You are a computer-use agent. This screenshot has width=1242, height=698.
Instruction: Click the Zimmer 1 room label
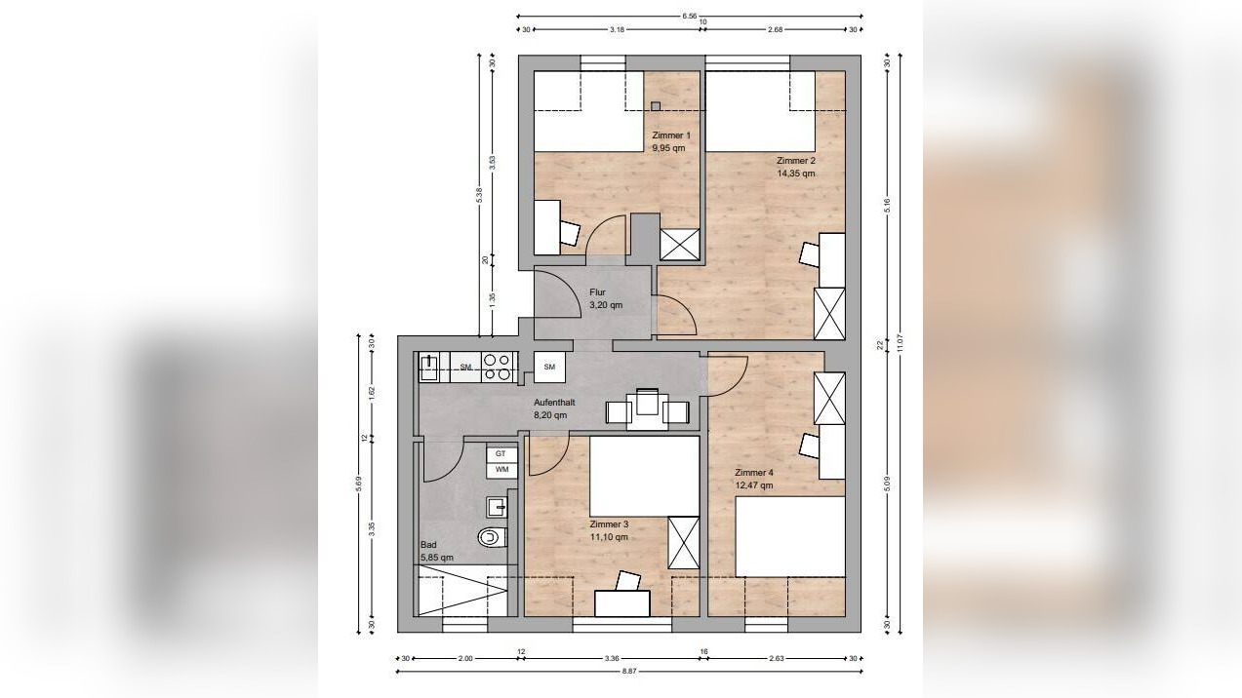671,136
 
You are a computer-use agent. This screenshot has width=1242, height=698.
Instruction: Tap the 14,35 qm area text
796,174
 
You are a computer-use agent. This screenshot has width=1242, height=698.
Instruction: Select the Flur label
598,291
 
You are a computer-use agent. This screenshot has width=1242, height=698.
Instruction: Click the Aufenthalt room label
554,403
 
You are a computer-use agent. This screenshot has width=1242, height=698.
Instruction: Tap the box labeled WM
501,470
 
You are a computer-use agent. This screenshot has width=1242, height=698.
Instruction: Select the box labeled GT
501,454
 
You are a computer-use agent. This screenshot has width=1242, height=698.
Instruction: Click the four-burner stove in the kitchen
497,368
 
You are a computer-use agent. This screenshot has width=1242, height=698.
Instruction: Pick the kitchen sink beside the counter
428,368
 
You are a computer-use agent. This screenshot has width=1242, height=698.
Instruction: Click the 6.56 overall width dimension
689,16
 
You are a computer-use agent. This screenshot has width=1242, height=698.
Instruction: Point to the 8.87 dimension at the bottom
629,672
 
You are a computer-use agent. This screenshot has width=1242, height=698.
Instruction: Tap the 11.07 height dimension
900,343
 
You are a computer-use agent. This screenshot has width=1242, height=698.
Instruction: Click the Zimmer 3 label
609,524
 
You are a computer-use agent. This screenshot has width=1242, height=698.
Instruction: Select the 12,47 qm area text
754,485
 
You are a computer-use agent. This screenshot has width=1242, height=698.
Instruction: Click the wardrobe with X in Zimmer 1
680,244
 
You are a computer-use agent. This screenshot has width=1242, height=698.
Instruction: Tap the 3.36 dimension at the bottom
612,659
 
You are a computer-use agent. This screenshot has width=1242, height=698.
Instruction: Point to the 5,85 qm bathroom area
437,558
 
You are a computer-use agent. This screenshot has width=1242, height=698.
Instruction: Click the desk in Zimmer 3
622,603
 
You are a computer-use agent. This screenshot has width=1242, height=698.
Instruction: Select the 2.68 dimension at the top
775,30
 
